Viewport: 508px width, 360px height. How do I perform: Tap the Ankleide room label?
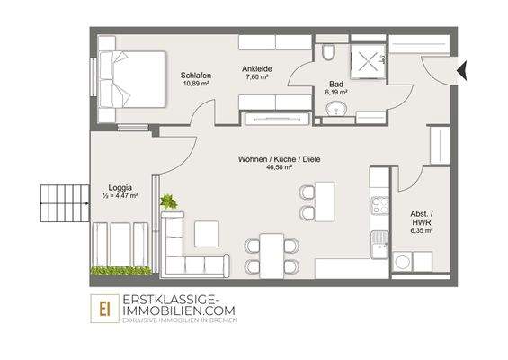coord(258,67)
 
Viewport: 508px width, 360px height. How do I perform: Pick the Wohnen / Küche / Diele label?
coord(280,159)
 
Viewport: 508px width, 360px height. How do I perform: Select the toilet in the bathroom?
coord(329,53)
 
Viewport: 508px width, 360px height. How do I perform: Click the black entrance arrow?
coord(461,69)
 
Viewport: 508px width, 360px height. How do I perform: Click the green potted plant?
coord(167,202)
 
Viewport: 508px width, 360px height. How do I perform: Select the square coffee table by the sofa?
coord(207,233)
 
